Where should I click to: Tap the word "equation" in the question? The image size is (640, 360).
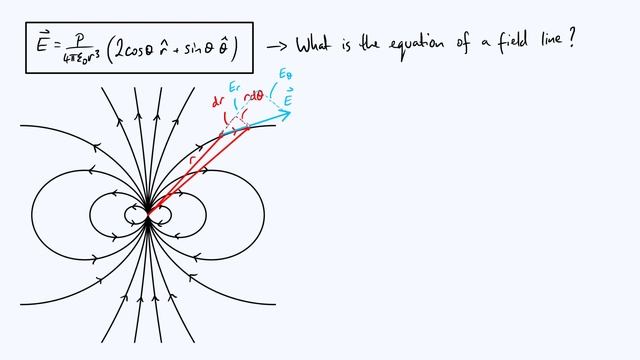(x=427, y=45)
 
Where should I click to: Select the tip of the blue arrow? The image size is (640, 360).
(x=291, y=112)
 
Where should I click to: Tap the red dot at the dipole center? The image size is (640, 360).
(x=148, y=212)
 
